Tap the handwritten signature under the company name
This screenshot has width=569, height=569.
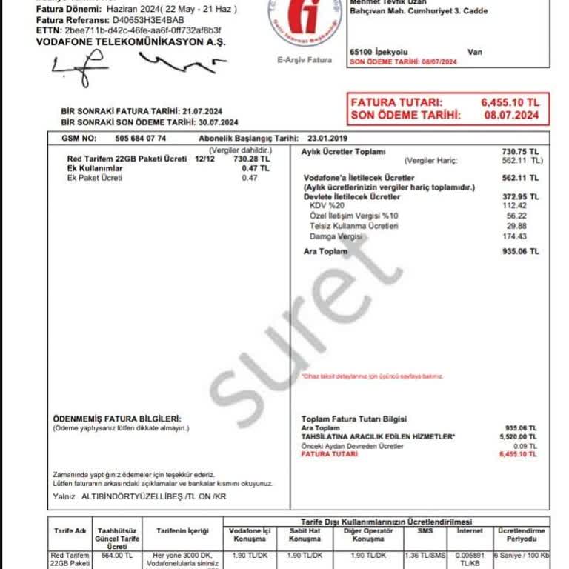133,68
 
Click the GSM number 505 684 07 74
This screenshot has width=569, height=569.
141,138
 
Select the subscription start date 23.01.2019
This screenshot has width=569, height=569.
327,138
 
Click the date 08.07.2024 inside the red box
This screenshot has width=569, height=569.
510,115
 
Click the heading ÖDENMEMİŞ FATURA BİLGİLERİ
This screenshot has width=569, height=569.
117,419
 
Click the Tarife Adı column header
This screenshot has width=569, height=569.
70,531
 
